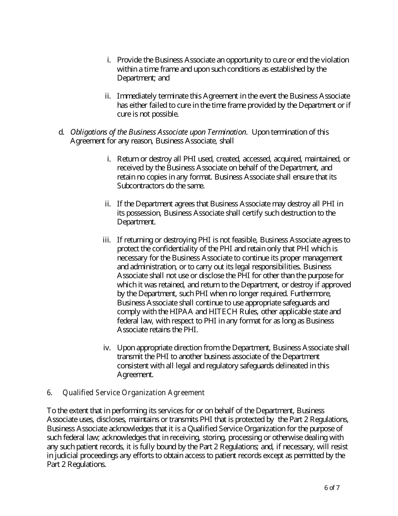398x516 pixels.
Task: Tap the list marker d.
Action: coord(61,132)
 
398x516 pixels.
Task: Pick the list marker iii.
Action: coord(107,240)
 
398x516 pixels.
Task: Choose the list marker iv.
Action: coord(107,348)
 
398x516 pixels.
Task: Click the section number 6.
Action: coord(49,393)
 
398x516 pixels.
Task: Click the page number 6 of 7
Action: coord(332,488)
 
